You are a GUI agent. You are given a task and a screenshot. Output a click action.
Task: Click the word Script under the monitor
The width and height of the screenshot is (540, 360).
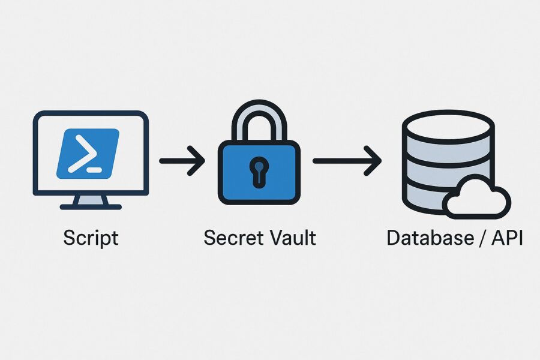point(91,238)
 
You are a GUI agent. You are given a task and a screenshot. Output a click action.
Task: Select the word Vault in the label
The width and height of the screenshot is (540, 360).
point(290,238)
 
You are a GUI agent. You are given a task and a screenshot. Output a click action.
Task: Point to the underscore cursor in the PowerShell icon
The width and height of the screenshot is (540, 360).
point(94,170)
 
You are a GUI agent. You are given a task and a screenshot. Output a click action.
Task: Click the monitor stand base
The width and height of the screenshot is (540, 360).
point(91,206)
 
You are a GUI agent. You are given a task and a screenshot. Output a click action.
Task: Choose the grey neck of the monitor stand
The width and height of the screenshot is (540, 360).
point(91,199)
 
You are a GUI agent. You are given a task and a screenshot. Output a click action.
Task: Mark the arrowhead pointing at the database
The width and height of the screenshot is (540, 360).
point(374,161)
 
